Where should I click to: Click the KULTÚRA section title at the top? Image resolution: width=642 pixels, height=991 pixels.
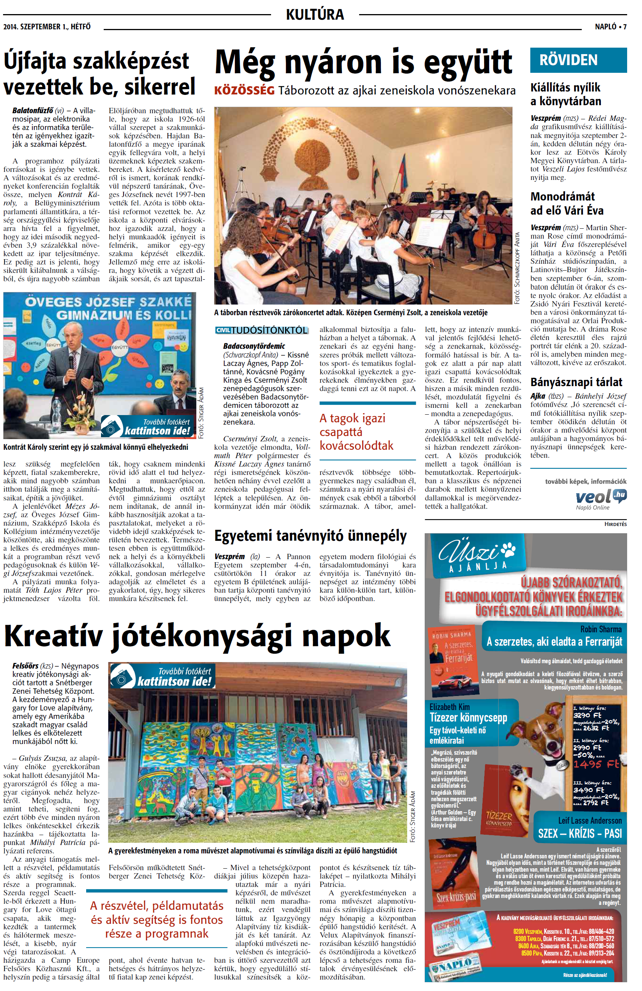point(315,14)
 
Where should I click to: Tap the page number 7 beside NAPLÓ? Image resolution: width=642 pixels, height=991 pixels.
point(624,27)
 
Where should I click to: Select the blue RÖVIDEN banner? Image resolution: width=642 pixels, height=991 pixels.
point(578,60)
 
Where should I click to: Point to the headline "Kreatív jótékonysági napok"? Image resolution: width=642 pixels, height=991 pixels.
point(197,636)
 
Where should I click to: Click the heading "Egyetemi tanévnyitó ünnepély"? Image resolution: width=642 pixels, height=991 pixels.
point(310,536)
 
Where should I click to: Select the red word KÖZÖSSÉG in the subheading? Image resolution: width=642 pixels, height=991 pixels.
point(244,90)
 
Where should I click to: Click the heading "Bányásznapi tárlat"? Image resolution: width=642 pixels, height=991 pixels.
point(576,382)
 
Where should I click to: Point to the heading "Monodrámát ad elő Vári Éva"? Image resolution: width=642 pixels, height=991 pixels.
point(567,203)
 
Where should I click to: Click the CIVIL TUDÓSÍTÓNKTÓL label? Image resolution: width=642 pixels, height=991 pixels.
point(262,330)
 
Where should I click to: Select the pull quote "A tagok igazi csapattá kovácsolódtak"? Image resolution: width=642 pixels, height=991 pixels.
point(356,432)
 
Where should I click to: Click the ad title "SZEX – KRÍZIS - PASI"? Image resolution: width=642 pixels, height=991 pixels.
point(579,833)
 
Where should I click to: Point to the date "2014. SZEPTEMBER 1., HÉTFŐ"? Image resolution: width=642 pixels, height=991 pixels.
point(47,27)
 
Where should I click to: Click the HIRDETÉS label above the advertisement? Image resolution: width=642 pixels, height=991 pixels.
point(615,524)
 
